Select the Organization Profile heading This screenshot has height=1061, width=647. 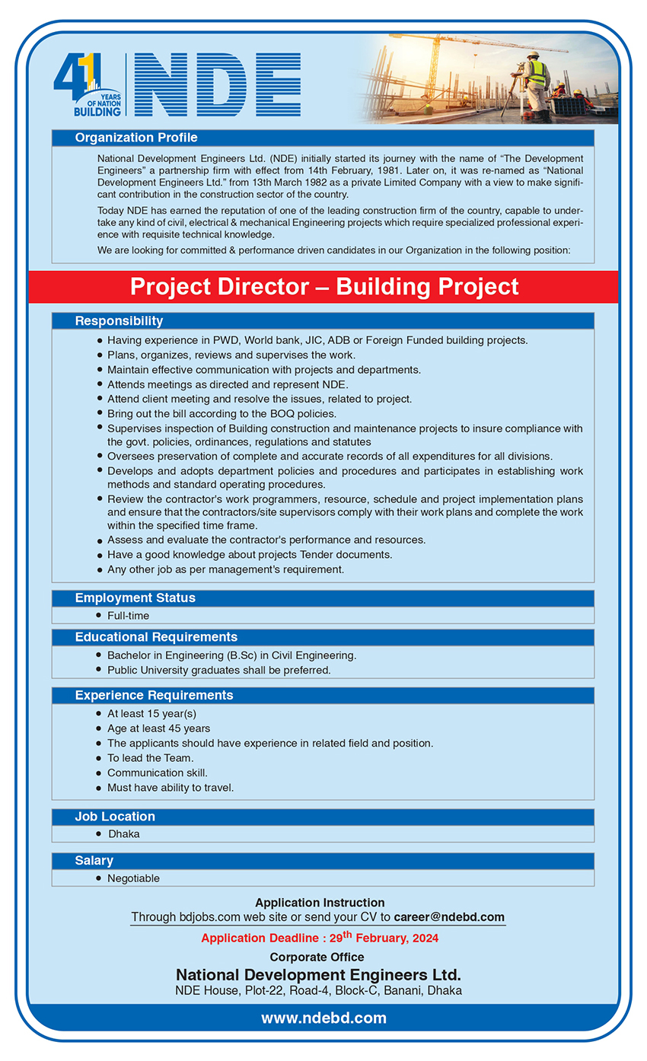point(136,138)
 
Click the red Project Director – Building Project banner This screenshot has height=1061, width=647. point(323,287)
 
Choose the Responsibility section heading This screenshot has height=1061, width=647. point(119,321)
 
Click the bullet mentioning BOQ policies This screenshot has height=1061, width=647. point(222,413)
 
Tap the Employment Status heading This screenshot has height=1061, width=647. point(135,598)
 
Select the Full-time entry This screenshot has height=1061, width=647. point(128,615)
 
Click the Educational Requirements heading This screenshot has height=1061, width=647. point(156,637)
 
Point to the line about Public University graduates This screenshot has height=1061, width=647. point(219,670)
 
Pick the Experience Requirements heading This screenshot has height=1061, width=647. point(154,696)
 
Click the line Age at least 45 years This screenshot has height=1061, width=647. point(158,728)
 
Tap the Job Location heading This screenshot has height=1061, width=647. point(115,817)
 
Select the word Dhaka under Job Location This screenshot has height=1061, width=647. point(123,833)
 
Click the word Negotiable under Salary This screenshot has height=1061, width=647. point(133,878)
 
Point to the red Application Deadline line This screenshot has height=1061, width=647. point(320,938)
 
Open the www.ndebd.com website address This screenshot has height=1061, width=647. point(323,1018)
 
